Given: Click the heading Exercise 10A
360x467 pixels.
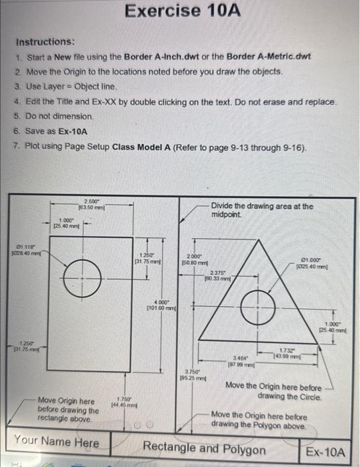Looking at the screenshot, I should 183,11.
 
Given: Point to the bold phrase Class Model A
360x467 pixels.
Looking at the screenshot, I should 146,146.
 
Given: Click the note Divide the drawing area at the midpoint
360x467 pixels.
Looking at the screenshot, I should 261,211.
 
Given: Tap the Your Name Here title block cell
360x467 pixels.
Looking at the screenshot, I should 57,442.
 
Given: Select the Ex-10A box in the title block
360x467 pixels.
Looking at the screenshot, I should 325,453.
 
